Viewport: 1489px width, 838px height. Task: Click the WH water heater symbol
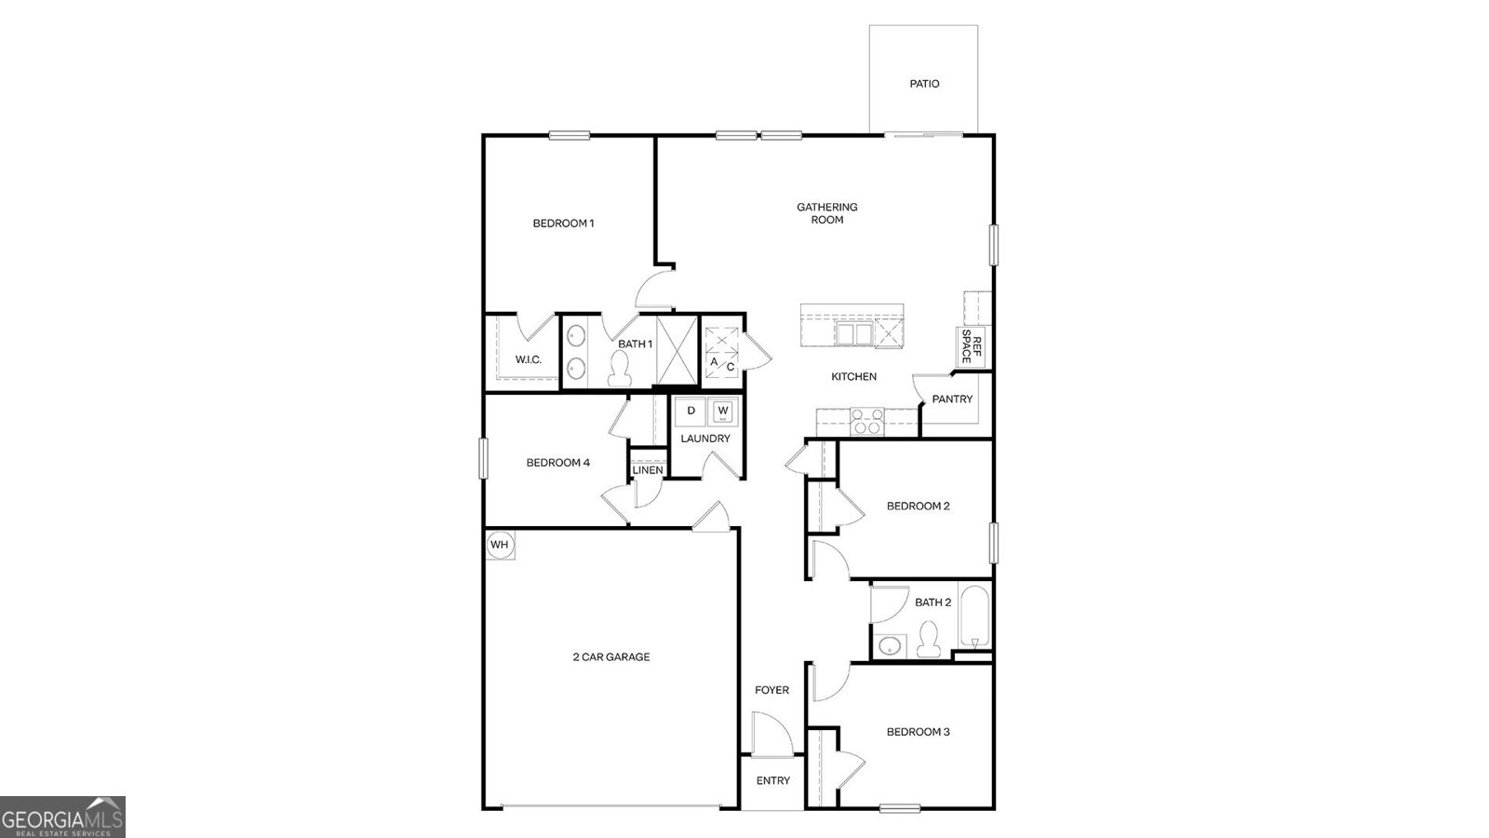click(x=500, y=545)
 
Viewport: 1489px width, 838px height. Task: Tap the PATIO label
click(x=924, y=84)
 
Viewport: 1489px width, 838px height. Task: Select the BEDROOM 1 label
click(x=563, y=223)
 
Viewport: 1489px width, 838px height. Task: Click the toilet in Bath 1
click(x=619, y=371)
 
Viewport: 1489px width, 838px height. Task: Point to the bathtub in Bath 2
click(x=974, y=616)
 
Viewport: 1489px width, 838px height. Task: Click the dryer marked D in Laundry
click(x=691, y=411)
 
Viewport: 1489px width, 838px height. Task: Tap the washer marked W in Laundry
click(x=722, y=411)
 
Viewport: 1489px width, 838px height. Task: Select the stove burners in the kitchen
click(x=866, y=422)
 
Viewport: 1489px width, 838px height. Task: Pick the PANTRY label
click(x=952, y=399)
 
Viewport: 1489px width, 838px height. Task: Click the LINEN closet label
click(x=648, y=470)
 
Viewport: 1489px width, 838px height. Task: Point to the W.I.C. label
click(x=529, y=360)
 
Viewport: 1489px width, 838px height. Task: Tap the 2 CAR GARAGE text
click(x=610, y=657)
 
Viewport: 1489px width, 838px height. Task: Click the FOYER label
click(x=771, y=690)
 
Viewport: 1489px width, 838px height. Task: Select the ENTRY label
click(x=772, y=781)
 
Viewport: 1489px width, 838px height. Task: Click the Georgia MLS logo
click(x=62, y=818)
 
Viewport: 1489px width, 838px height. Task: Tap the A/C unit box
click(x=722, y=354)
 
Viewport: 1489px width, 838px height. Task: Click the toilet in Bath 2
click(x=927, y=641)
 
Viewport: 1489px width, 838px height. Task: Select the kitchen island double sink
click(x=853, y=333)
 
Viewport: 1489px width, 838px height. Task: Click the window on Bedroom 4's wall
click(x=484, y=458)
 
